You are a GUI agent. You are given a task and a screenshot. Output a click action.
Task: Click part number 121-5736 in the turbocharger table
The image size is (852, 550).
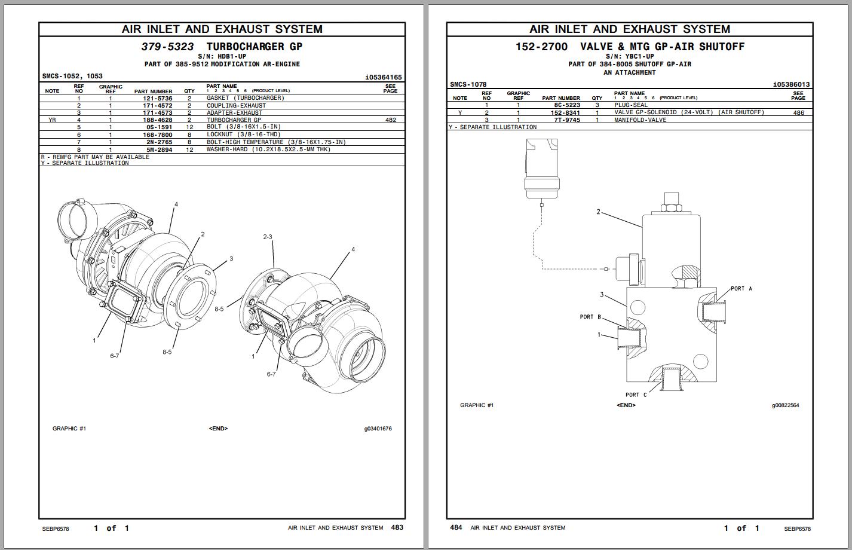tap(157, 98)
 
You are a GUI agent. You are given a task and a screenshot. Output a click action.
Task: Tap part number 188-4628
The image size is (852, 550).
tap(157, 120)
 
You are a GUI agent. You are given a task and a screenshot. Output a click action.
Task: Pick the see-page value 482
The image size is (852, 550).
tap(391, 120)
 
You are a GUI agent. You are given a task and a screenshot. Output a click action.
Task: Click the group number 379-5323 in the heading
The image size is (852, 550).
tap(167, 47)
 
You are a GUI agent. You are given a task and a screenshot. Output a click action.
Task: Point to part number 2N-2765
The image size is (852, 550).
tap(159, 142)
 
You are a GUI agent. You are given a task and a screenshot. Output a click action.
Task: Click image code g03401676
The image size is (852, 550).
tap(378, 429)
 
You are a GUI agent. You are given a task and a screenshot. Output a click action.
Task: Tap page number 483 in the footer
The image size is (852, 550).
tap(397, 527)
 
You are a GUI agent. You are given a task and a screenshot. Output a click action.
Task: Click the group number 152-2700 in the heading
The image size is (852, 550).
tap(541, 47)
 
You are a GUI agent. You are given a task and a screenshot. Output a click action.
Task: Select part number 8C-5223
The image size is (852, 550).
tap(567, 105)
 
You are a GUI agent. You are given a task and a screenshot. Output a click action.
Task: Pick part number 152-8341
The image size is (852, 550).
tap(566, 112)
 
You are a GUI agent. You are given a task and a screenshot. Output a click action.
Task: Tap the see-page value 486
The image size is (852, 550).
tap(798, 112)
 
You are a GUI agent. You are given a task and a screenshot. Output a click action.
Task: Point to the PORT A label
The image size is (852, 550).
tap(741, 289)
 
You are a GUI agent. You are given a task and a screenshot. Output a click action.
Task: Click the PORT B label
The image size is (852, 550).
tap(590, 317)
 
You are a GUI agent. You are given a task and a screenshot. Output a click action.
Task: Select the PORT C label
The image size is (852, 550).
tap(636, 395)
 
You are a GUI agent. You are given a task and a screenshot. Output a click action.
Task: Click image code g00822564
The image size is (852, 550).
tap(785, 405)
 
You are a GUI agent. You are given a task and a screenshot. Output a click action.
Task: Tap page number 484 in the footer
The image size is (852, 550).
tap(456, 527)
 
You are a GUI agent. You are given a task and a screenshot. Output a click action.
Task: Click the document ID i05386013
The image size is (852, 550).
tap(791, 85)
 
